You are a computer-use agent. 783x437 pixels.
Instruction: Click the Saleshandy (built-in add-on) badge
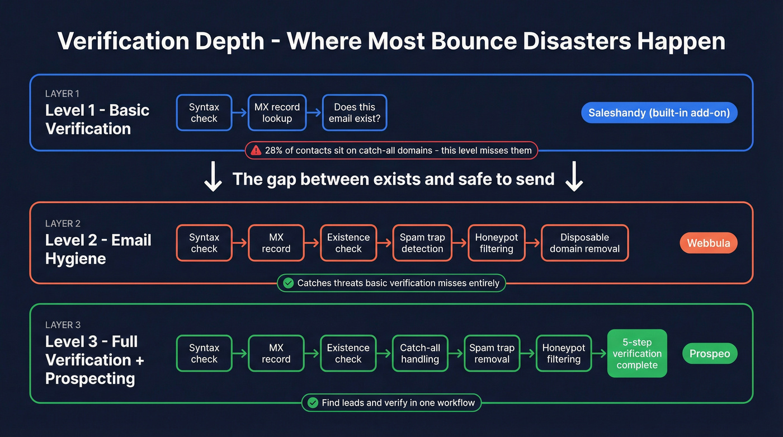click(659, 113)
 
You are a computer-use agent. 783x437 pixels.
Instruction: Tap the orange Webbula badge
click(709, 243)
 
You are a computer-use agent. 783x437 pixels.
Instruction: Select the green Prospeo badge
click(710, 354)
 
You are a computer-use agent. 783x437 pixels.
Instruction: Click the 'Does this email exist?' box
click(355, 113)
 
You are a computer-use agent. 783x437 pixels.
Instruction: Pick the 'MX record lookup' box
click(277, 113)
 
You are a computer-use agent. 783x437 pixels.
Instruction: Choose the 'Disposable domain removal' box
click(584, 243)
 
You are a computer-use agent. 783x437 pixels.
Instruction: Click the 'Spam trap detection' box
click(422, 243)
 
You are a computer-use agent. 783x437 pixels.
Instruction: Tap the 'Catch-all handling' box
click(419, 354)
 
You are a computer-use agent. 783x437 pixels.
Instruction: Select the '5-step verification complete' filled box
click(637, 354)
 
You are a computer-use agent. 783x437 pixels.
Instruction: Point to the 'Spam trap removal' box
click(492, 354)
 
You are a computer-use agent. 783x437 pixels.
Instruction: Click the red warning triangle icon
click(256, 150)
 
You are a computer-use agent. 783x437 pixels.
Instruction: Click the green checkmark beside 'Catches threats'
click(288, 283)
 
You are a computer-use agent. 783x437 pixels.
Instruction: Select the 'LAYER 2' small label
click(63, 223)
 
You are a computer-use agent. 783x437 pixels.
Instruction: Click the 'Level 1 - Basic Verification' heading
click(97, 119)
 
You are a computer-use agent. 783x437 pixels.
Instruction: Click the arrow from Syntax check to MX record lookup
click(239, 113)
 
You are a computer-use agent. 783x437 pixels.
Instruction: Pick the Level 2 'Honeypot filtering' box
click(497, 243)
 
